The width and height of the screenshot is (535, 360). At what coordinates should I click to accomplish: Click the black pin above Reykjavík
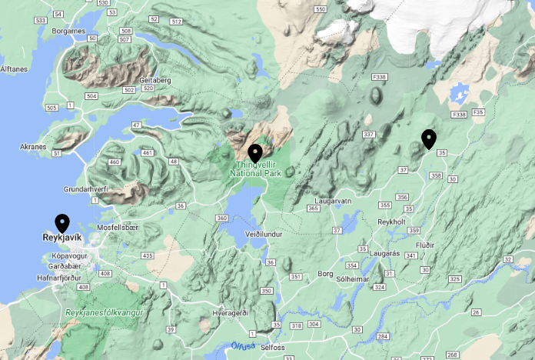click(62, 223)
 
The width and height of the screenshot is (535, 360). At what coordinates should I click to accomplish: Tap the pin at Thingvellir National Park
click(254, 153)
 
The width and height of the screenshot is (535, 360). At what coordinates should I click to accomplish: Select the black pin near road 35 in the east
click(429, 139)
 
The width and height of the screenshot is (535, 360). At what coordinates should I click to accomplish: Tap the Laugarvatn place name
click(332, 201)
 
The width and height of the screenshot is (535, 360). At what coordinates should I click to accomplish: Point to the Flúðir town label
click(425, 245)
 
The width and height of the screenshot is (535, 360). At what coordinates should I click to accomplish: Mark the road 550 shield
click(320, 8)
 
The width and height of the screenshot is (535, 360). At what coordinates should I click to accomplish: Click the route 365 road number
click(313, 208)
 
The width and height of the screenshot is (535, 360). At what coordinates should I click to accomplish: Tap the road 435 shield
click(148, 255)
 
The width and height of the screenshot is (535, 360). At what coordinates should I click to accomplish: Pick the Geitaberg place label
click(155, 80)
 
